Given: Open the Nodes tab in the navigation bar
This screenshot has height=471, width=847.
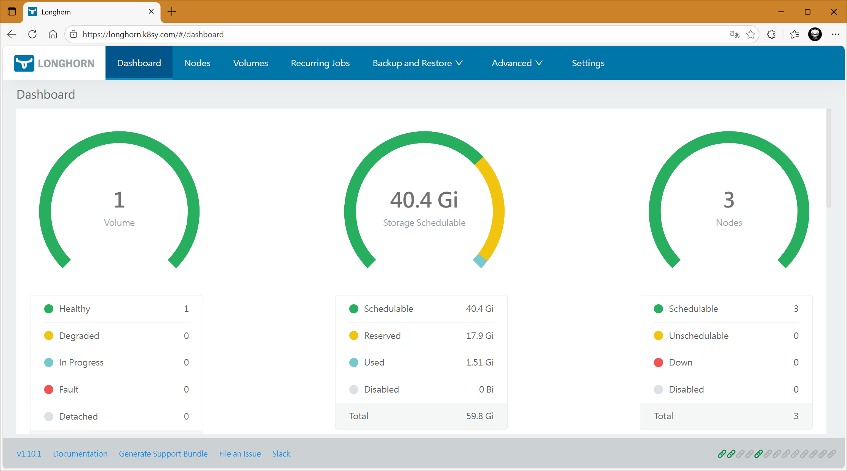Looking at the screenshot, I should [x=197, y=63].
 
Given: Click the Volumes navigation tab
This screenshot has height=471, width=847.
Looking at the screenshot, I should [x=250, y=63].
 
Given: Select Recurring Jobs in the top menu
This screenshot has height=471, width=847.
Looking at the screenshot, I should [x=320, y=63].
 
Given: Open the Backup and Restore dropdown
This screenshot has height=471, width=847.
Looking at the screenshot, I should [x=417, y=63].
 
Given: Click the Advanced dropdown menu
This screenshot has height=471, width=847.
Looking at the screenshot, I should [x=517, y=63].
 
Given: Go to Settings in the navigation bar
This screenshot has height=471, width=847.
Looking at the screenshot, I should [x=588, y=63].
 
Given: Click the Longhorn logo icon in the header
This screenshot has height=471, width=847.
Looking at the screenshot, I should [x=24, y=63].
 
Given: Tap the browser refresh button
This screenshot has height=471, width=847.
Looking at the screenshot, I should [x=32, y=34].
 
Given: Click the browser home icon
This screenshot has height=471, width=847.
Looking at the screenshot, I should [x=53, y=34].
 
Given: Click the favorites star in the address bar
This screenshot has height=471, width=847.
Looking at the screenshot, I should [x=751, y=34].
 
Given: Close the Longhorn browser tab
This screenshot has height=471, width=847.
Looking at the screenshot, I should [x=151, y=11].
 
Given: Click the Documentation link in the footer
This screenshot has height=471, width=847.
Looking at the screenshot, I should [x=80, y=453].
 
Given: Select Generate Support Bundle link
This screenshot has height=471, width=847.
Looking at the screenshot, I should [x=163, y=453].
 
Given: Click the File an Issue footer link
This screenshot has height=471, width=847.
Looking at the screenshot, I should [x=240, y=453].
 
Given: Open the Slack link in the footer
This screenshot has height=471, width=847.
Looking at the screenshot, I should [x=281, y=453].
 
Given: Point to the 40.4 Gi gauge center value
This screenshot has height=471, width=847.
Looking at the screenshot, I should [x=424, y=200].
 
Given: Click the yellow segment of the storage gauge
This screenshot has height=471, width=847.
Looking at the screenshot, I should [x=497, y=206].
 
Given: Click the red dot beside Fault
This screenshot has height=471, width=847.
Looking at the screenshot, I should [x=49, y=390].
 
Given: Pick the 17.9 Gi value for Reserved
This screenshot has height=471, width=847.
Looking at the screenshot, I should [x=479, y=336].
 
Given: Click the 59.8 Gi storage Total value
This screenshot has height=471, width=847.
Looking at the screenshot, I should [x=479, y=416].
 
